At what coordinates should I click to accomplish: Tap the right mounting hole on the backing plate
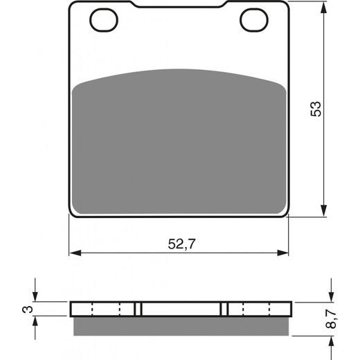253,20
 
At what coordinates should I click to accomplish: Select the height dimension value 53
316,109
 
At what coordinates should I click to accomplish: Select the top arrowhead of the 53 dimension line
324,8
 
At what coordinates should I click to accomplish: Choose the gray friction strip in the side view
180,322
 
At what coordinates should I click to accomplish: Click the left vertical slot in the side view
138,308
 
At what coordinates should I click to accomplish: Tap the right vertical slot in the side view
224,308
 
